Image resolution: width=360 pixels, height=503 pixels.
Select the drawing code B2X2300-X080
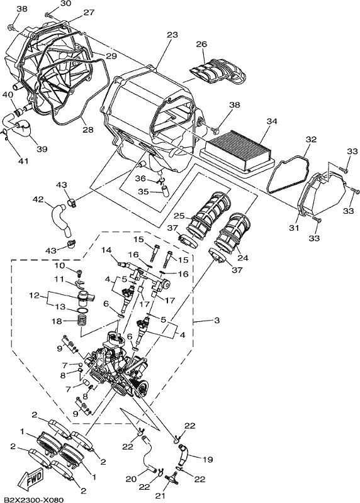32,500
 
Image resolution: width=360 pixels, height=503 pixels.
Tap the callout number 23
172,35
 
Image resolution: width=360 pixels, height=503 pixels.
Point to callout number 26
201,44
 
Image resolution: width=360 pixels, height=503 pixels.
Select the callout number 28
88,130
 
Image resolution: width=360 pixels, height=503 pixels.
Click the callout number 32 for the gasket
311,140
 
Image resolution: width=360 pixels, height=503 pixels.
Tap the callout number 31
294,228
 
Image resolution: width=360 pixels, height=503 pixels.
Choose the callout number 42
38,199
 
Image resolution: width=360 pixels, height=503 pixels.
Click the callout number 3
217,320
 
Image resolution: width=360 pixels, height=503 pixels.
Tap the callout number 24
243,258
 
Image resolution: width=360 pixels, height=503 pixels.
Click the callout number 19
208,460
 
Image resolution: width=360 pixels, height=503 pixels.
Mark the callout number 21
160,496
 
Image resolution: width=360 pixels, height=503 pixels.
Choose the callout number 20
131,479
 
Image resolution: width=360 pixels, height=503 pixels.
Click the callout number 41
23,160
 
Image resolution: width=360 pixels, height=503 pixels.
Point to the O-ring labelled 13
82,310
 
